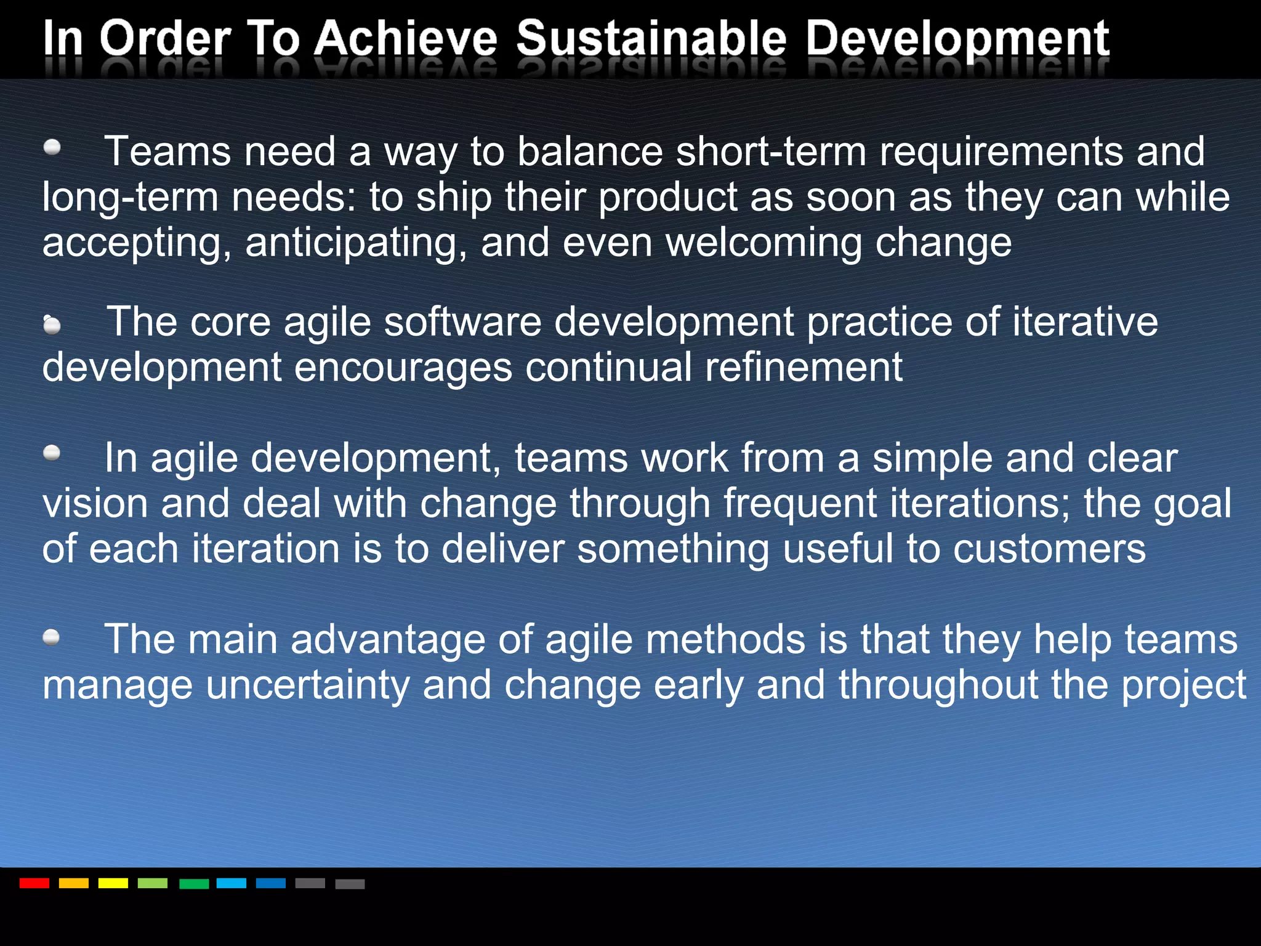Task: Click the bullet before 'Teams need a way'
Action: (x=52, y=147)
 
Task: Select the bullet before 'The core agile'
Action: (x=52, y=325)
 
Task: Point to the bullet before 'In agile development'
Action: (x=52, y=454)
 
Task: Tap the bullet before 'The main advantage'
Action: (x=52, y=637)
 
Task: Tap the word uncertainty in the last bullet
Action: (x=307, y=685)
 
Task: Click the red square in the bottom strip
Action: (x=34, y=883)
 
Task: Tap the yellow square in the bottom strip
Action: (x=113, y=883)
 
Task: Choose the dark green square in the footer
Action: (x=194, y=884)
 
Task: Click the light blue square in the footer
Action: (x=232, y=883)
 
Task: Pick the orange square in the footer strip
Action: (x=74, y=883)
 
